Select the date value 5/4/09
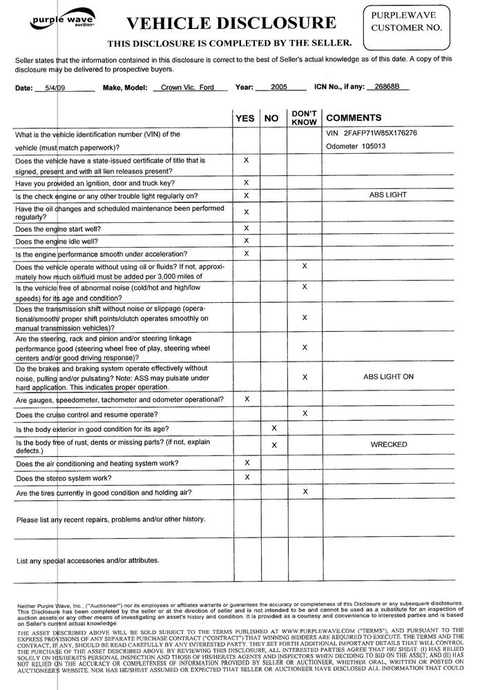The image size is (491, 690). pyautogui.click(x=49, y=88)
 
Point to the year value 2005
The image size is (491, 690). pyautogui.click(x=279, y=88)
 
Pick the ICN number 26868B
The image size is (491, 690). pyautogui.click(x=383, y=88)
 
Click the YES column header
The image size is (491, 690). pyautogui.click(x=245, y=119)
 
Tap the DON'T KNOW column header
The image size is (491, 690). pyautogui.click(x=304, y=117)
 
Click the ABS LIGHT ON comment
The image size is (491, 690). pyautogui.click(x=388, y=377)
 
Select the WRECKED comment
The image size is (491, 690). pyautogui.click(x=388, y=444)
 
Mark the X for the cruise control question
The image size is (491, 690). pyautogui.click(x=305, y=413)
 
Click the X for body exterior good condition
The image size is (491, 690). pyautogui.click(x=274, y=428)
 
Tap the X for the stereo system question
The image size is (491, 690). pyautogui.click(x=247, y=477)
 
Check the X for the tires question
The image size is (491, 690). pyautogui.click(x=305, y=491)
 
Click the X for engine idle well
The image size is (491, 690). pyautogui.click(x=247, y=240)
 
